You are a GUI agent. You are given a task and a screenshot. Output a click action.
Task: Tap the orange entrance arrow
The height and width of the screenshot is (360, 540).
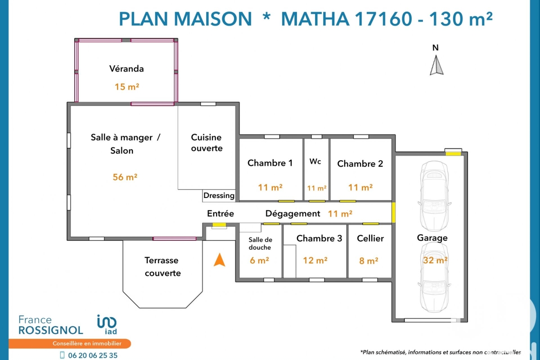point(219,260)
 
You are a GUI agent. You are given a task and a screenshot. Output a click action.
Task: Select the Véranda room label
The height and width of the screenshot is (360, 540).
point(126,69)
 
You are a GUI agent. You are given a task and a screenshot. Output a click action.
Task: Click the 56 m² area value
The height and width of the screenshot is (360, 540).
point(125,177)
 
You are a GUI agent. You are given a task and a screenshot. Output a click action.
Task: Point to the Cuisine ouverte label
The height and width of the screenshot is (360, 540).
point(207,143)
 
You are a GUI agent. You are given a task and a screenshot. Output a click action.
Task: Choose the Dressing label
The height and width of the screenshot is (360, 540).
point(219,195)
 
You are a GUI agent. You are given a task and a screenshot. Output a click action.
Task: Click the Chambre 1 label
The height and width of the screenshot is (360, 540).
point(270,163)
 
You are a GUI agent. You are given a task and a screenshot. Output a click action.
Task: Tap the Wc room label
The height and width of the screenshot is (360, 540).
point(315,162)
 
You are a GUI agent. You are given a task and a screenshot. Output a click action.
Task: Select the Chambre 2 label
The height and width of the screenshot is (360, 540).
point(360,164)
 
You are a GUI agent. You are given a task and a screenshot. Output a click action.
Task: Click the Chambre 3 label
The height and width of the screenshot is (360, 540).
point(319,238)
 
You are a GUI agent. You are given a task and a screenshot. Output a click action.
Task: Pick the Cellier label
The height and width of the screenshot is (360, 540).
point(370,238)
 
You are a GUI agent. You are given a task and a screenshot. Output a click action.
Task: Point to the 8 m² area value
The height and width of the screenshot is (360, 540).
point(369,260)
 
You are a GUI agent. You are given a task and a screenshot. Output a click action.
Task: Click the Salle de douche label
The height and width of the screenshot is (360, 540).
point(260,243)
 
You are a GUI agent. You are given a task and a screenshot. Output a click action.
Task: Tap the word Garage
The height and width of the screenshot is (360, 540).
point(432,238)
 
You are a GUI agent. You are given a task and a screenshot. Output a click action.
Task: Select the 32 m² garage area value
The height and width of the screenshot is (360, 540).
point(435,260)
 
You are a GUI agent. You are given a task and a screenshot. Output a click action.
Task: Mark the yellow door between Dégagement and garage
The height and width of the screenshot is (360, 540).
point(393,212)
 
